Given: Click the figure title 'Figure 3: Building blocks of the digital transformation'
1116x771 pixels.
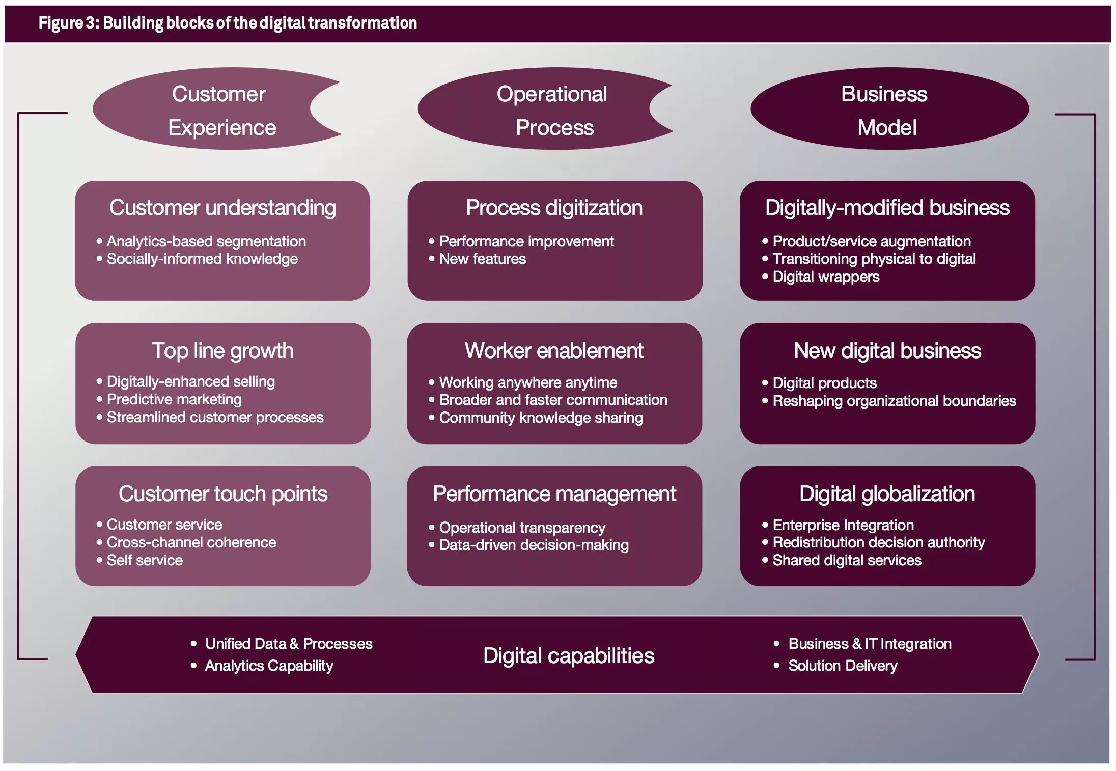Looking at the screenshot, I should tap(228, 23).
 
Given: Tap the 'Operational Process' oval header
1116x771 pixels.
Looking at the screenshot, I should tap(552, 110).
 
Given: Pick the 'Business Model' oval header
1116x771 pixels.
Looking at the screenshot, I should tap(886, 110).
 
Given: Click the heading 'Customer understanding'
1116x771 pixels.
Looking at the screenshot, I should tap(222, 208).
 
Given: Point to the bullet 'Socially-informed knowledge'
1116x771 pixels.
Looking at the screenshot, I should tap(202, 259).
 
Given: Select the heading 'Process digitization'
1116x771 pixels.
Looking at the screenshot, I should tap(554, 208).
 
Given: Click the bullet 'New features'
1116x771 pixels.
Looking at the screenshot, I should tap(482, 259).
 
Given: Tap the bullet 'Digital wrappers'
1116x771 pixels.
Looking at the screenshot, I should tap(825, 277).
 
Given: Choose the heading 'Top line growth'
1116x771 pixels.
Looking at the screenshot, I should tap(222, 351).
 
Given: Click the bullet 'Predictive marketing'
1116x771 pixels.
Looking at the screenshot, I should tap(174, 400).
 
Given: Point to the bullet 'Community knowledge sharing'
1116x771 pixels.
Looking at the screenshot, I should tap(541, 418).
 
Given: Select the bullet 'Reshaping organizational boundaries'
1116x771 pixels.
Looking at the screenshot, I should tap(894, 401).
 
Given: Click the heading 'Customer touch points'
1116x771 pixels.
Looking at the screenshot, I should tap(223, 494).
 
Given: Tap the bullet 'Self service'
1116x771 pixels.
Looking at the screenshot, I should tap(145, 561).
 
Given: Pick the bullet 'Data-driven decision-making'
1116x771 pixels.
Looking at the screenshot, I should tap(534, 545).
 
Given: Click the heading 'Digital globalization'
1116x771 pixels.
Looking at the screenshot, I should tap(887, 494).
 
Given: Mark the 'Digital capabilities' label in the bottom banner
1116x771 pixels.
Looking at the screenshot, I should tap(568, 656).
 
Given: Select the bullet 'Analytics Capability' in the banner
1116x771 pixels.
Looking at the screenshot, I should tap(269, 666).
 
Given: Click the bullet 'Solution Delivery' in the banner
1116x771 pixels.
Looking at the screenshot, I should tap(843, 666).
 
